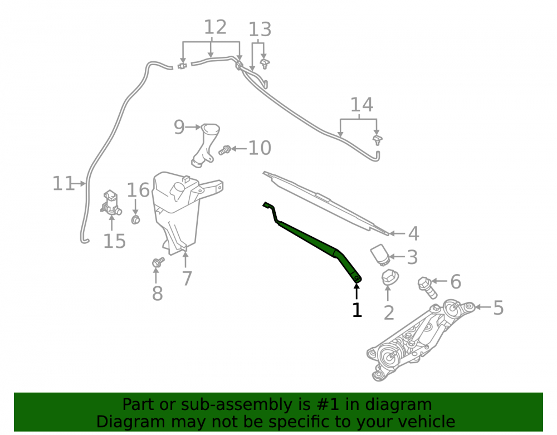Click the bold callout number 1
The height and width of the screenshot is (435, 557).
click(x=356, y=310)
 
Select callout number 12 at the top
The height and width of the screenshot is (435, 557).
click(x=215, y=27)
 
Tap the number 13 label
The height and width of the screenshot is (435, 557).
click(x=260, y=30)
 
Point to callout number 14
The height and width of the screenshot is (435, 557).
click(x=361, y=105)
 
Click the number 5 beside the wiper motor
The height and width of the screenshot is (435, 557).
click(x=499, y=307)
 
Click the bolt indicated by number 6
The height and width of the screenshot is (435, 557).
click(x=427, y=287)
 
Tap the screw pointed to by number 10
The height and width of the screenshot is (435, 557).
click(x=225, y=150)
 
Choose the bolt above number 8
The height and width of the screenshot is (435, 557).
click(x=158, y=262)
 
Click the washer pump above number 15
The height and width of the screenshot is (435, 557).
click(x=111, y=203)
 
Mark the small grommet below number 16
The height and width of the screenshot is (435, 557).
click(x=136, y=220)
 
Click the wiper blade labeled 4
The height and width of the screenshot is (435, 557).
click(x=325, y=203)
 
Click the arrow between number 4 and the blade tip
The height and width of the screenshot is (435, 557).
click(x=397, y=234)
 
